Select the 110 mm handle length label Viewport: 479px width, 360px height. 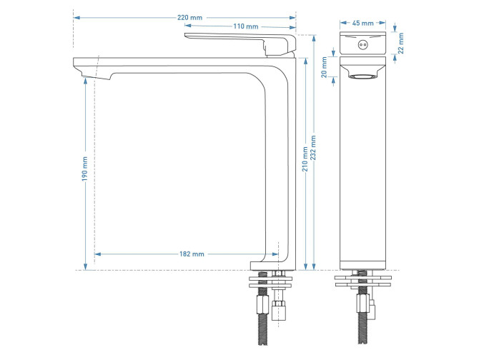point(245,26)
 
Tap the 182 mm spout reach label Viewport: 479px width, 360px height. point(192,254)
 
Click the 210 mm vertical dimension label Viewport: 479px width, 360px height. point(305,159)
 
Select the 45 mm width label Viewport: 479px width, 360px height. point(365,22)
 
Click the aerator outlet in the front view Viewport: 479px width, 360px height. point(365,75)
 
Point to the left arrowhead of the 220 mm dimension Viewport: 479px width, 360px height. point(76,16)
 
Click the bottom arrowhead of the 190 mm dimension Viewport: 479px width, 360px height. point(85,266)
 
